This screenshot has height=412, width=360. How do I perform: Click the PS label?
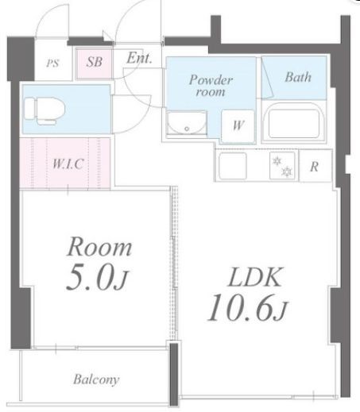tap(52, 64)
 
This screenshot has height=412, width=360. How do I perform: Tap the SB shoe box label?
tap(95, 62)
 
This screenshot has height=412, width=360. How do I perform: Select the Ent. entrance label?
tap(139, 58)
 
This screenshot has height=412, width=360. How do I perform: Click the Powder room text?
tap(211, 86)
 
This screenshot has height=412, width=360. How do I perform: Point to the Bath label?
tap(298, 77)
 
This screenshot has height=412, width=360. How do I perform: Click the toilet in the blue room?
tap(45, 111)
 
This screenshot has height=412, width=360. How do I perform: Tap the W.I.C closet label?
tap(68, 164)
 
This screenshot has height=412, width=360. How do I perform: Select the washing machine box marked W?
tap(238, 126)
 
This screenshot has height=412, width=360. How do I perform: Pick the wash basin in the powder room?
tap(187, 123)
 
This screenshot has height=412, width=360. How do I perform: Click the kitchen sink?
tap(233, 166)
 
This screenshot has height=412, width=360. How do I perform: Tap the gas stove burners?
tap(282, 166)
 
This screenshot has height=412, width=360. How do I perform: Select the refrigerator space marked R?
tap(315, 166)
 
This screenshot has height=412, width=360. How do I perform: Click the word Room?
tap(99, 247)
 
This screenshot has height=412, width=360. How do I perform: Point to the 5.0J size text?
tap(97, 277)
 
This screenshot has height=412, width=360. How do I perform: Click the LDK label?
tap(255, 277)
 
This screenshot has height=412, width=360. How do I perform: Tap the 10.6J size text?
tap(247, 307)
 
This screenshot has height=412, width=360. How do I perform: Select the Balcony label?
tap(96, 379)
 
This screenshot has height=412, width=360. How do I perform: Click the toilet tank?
tap(29, 109)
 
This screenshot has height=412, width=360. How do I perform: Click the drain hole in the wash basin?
tap(187, 129)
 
